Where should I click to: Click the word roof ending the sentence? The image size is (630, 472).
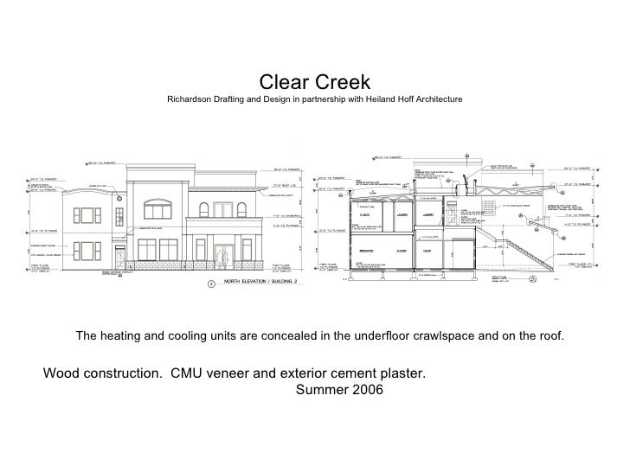547,335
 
